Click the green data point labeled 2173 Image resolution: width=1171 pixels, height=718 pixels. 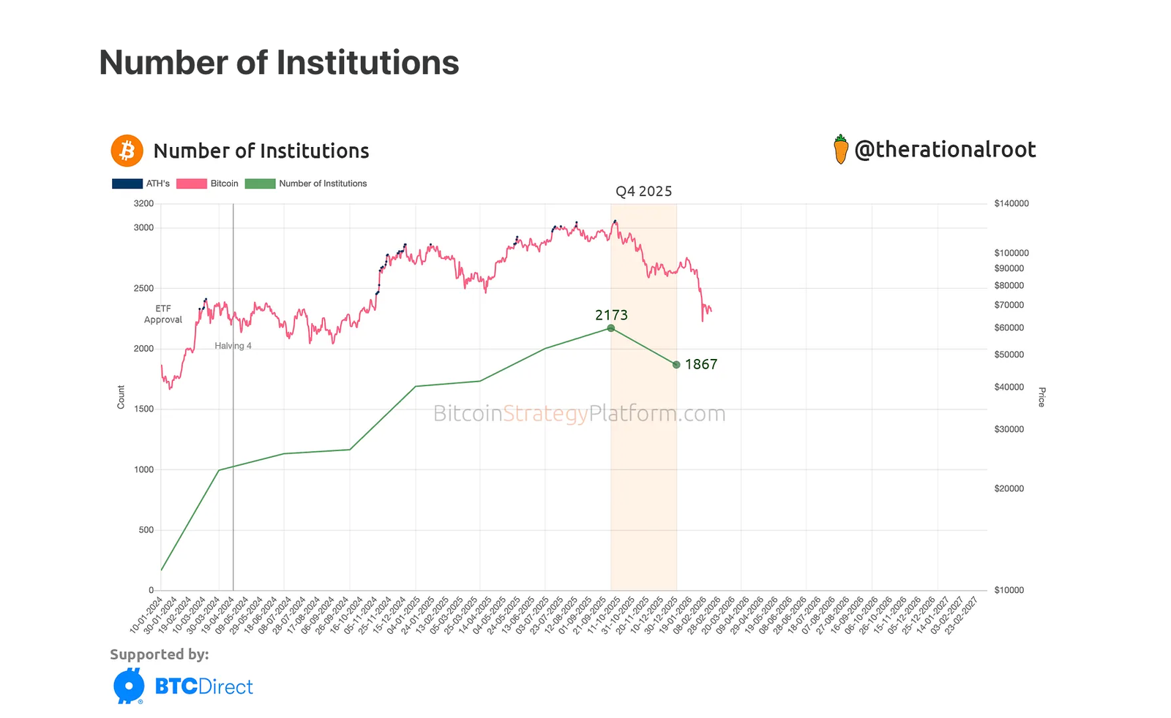click(x=611, y=328)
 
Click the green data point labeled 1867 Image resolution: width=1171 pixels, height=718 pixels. click(x=676, y=364)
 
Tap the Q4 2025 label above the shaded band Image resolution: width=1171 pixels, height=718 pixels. click(x=643, y=192)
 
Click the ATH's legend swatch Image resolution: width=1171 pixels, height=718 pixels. click(x=127, y=184)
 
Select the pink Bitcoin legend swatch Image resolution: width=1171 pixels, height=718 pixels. click(x=191, y=184)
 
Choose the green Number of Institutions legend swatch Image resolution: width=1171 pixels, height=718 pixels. click(x=260, y=184)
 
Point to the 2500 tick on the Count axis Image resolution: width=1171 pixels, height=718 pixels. click(x=143, y=289)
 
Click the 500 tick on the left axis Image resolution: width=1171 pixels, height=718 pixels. click(x=146, y=530)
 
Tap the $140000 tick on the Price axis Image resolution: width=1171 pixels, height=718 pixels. click(x=1011, y=204)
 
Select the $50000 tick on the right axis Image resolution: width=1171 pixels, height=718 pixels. click(x=1009, y=355)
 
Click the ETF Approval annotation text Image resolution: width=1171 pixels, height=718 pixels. click(x=163, y=314)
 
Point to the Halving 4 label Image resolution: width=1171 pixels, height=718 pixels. click(x=233, y=346)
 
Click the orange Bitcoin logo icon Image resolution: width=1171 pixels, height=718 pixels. click(x=127, y=151)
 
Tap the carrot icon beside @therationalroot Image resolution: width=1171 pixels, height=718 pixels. click(x=841, y=149)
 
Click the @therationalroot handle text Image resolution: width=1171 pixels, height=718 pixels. click(x=945, y=150)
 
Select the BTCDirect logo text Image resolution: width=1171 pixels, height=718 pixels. click(x=203, y=687)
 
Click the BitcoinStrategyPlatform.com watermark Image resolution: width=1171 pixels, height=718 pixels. click(x=579, y=414)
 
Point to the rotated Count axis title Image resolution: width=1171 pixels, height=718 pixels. click(x=121, y=396)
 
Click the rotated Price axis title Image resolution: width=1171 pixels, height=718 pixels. click(x=1041, y=396)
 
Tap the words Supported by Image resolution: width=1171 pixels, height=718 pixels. click(x=160, y=654)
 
